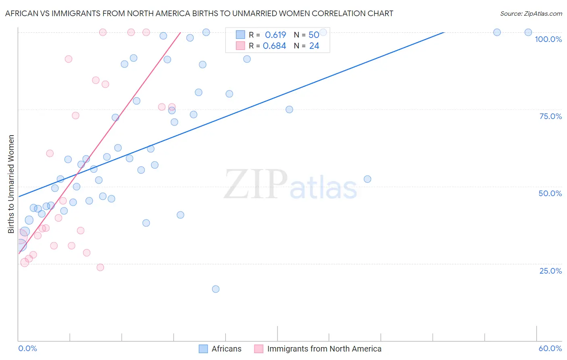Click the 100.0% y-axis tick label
tap(548, 39)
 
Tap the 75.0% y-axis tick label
tap(550, 116)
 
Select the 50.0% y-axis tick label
tap(550, 193)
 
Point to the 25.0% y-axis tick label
tap(550, 271)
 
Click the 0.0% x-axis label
tap(27, 348)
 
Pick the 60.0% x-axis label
tap(550, 348)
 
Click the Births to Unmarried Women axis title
tap(11, 184)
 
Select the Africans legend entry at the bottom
tap(220, 349)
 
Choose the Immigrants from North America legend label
tap(318, 349)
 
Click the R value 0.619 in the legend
tap(275, 35)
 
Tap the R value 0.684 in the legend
tap(274, 46)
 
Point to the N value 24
tap(314, 46)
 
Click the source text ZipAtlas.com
tap(531, 13)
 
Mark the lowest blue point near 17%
tap(216, 289)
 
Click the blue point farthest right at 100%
tap(528, 32)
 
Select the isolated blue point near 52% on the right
tap(367, 179)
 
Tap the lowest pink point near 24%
tap(100, 267)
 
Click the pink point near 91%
tap(69, 59)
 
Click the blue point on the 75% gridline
tap(289, 109)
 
